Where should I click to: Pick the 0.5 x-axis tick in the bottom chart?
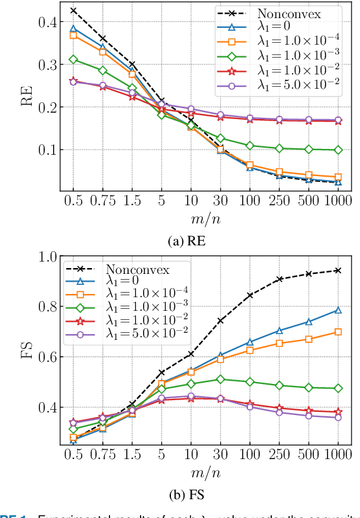click(x=73, y=456)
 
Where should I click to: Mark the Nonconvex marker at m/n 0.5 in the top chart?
click(x=73, y=10)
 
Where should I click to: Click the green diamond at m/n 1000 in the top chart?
click(x=337, y=150)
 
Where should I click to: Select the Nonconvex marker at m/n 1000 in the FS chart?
click(x=337, y=270)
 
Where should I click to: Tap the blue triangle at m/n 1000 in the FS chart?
click(x=337, y=310)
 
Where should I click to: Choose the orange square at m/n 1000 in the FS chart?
click(x=337, y=332)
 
